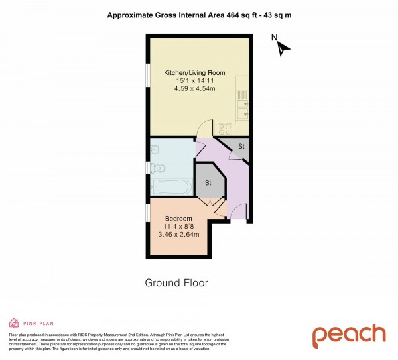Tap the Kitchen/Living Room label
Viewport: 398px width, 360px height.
tap(195, 73)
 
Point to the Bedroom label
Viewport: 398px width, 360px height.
tap(178, 219)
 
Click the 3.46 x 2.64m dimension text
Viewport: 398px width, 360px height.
tap(178, 234)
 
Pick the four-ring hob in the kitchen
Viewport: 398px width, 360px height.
tap(224, 128)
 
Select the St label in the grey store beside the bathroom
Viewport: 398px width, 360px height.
tap(208, 182)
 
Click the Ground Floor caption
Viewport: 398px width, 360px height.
tap(176, 283)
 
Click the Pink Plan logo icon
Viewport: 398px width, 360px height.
tap(13, 323)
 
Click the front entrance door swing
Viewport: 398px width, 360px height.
tap(238, 211)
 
